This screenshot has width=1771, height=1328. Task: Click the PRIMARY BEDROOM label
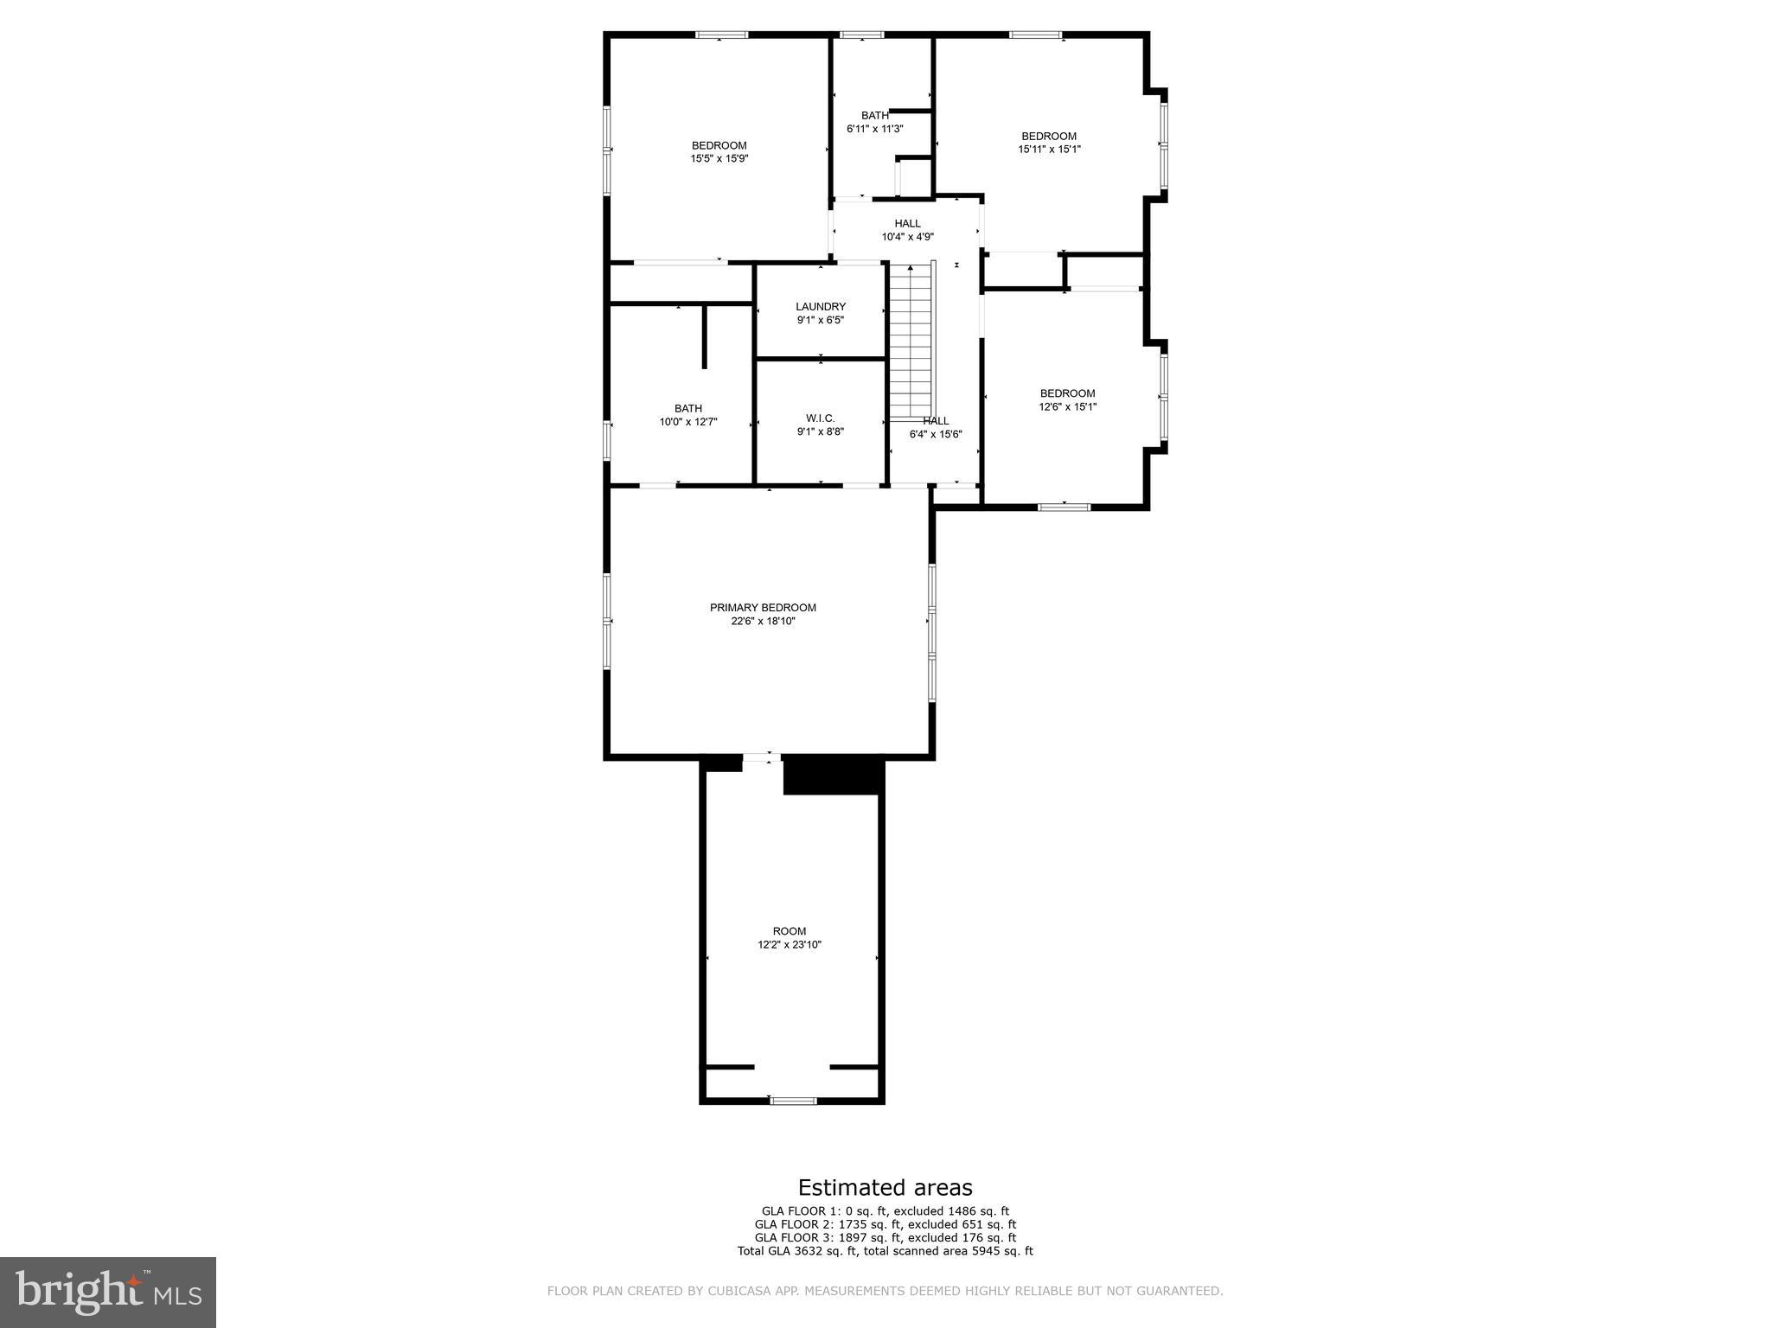coord(763,608)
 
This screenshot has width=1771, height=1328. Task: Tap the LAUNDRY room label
coord(820,307)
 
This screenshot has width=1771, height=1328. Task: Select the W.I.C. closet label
coord(820,418)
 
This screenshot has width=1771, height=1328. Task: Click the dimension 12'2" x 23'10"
coord(789,945)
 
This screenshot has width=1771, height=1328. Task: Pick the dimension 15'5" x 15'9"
coord(719,159)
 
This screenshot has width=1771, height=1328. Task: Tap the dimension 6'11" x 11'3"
coord(874,129)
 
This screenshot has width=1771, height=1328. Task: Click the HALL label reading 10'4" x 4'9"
coord(907,224)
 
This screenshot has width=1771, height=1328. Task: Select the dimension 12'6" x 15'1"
coord(1067,407)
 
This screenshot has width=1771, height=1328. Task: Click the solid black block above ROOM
coord(833,775)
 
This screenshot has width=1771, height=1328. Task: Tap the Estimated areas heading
coord(885,1188)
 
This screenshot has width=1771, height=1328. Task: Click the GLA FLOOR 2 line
coord(885,1224)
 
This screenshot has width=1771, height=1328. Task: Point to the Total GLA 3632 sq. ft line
coord(885,1251)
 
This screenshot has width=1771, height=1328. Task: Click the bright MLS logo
coord(108,1292)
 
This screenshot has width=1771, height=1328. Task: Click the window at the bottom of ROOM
coord(793,1101)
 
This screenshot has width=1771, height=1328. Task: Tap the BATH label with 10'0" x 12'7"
coord(688,409)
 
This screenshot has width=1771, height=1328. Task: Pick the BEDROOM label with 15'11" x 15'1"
coord(1049,137)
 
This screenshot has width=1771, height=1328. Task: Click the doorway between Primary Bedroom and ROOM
coord(762,758)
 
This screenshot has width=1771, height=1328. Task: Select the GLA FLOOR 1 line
coord(885,1211)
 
